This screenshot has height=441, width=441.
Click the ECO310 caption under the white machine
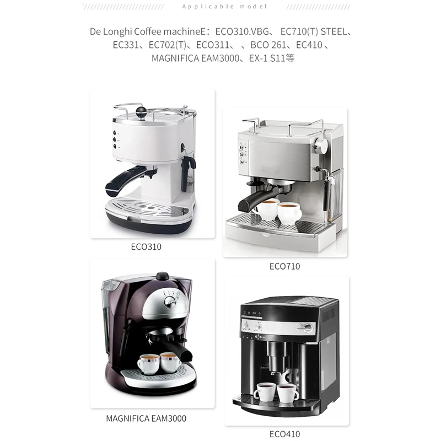147,246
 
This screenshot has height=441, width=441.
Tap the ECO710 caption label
284,266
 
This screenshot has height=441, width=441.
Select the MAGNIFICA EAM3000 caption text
146,418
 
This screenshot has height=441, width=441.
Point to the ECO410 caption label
284,434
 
